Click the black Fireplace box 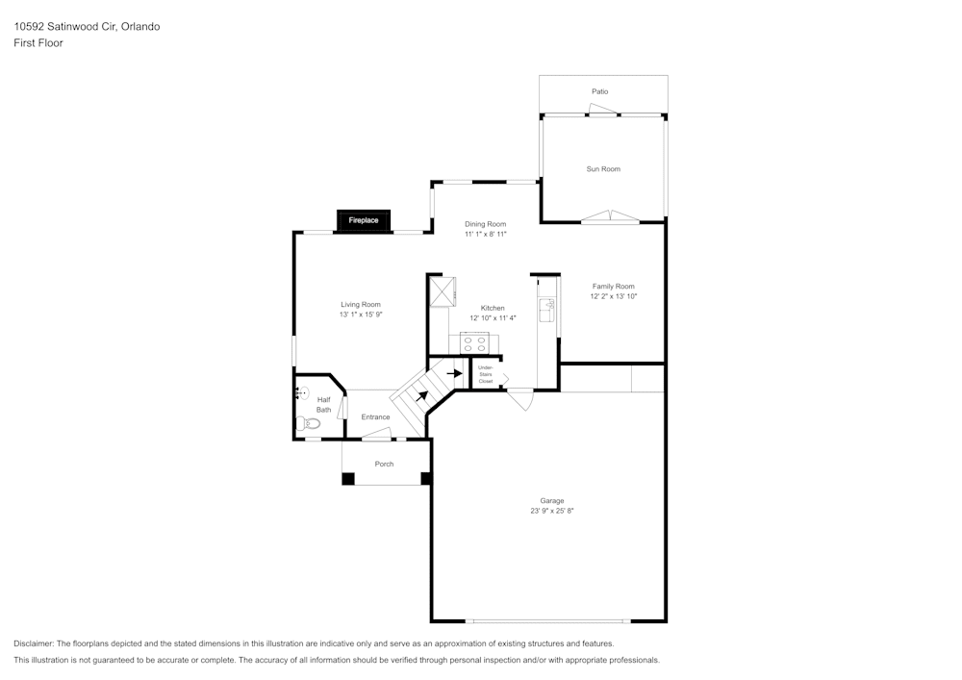(364, 220)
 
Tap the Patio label (599, 91)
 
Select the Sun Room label (603, 169)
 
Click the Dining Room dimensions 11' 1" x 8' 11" (485, 234)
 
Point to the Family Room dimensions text (613, 296)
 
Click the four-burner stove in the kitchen (473, 342)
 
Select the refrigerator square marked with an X (442, 290)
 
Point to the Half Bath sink (301, 393)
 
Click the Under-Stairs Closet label (485, 374)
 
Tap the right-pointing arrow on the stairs (455, 373)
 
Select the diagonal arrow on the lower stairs (421, 394)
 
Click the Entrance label (375, 417)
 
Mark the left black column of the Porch (348, 478)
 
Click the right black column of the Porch (426, 477)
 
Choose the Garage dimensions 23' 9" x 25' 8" (551, 511)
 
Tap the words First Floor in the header (38, 43)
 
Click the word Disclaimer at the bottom (34, 643)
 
